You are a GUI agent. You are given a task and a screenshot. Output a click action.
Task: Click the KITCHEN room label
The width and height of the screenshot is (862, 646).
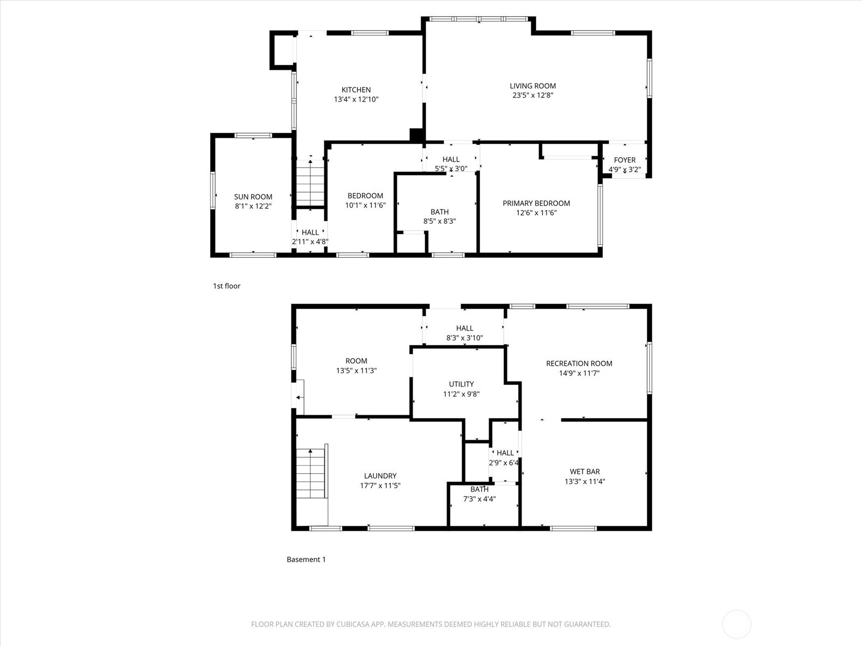click(356, 90)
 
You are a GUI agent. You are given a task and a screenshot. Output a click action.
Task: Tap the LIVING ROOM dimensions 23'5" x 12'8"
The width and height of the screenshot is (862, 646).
click(533, 95)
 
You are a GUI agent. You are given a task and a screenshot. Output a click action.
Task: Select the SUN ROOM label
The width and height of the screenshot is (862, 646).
click(253, 197)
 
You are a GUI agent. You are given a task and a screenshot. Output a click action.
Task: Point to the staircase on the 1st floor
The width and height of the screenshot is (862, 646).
click(310, 183)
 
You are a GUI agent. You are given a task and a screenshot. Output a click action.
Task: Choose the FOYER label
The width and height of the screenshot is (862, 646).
click(624, 160)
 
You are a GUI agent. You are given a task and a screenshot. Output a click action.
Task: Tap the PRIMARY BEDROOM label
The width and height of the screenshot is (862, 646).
click(536, 203)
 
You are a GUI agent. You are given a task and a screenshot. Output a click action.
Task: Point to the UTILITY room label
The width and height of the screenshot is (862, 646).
click(461, 384)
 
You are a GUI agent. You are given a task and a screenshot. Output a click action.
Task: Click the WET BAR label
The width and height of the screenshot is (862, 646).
click(585, 472)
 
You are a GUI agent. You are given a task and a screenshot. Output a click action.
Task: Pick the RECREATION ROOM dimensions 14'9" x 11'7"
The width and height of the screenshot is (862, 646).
click(579, 373)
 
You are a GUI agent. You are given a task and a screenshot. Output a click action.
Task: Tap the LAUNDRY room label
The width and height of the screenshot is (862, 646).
click(380, 476)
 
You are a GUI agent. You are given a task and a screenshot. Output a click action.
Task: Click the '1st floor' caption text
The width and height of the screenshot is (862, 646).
click(226, 286)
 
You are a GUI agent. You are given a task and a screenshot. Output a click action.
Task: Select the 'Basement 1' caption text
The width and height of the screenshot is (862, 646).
click(306, 559)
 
